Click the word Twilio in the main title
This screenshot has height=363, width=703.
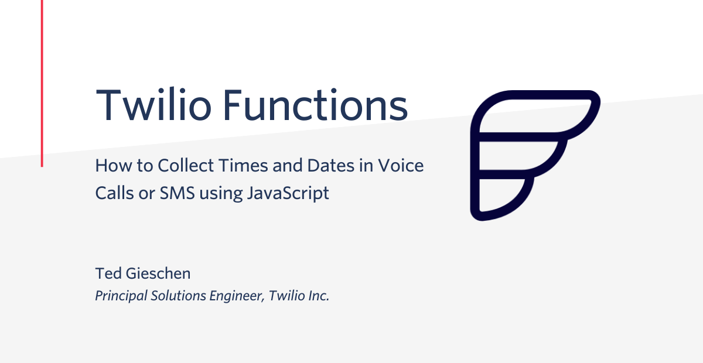click(153, 105)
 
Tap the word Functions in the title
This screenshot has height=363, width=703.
click(315, 105)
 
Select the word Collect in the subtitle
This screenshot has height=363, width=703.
click(186, 165)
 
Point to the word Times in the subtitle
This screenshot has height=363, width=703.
click(244, 165)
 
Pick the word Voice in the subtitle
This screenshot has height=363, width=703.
click(401, 165)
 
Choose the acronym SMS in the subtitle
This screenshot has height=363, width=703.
click(178, 193)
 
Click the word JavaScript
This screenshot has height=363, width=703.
click(288, 193)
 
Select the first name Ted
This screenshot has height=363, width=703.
click(108, 273)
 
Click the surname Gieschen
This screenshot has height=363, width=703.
click(158, 273)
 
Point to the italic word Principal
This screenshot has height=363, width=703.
click(121, 296)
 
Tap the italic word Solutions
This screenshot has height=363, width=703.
click(178, 296)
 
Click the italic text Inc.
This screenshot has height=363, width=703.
click(319, 296)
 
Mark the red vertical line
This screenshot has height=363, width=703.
click(42, 83)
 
